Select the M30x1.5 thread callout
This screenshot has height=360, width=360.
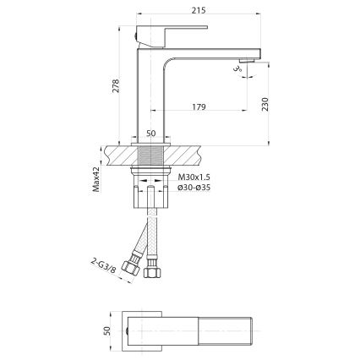194,177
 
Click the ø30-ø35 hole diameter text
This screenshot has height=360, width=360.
194,188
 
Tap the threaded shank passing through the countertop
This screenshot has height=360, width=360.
152,157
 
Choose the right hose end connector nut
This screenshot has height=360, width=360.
152,271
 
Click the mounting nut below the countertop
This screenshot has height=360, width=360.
152,178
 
